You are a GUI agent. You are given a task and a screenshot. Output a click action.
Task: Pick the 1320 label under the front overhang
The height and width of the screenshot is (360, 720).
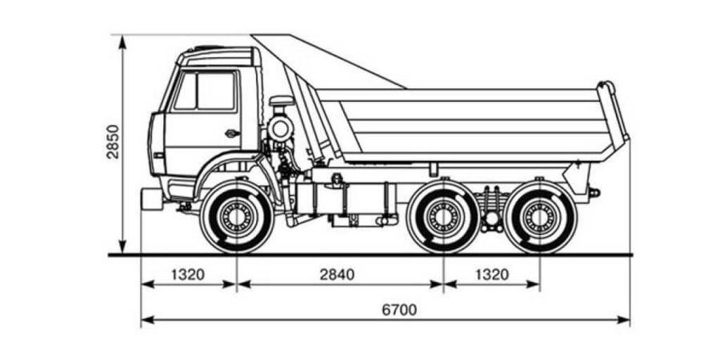188,274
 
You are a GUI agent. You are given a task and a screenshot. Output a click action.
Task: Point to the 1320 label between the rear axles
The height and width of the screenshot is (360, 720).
491,274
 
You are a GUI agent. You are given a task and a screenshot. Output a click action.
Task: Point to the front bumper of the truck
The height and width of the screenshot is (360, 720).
152,199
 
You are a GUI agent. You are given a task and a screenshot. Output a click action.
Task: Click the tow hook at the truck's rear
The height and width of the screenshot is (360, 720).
594,192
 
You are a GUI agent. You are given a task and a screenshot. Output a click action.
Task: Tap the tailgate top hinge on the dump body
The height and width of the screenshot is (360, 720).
605,88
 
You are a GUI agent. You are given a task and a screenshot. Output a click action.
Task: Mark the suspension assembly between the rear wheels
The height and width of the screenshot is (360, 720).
491,208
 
